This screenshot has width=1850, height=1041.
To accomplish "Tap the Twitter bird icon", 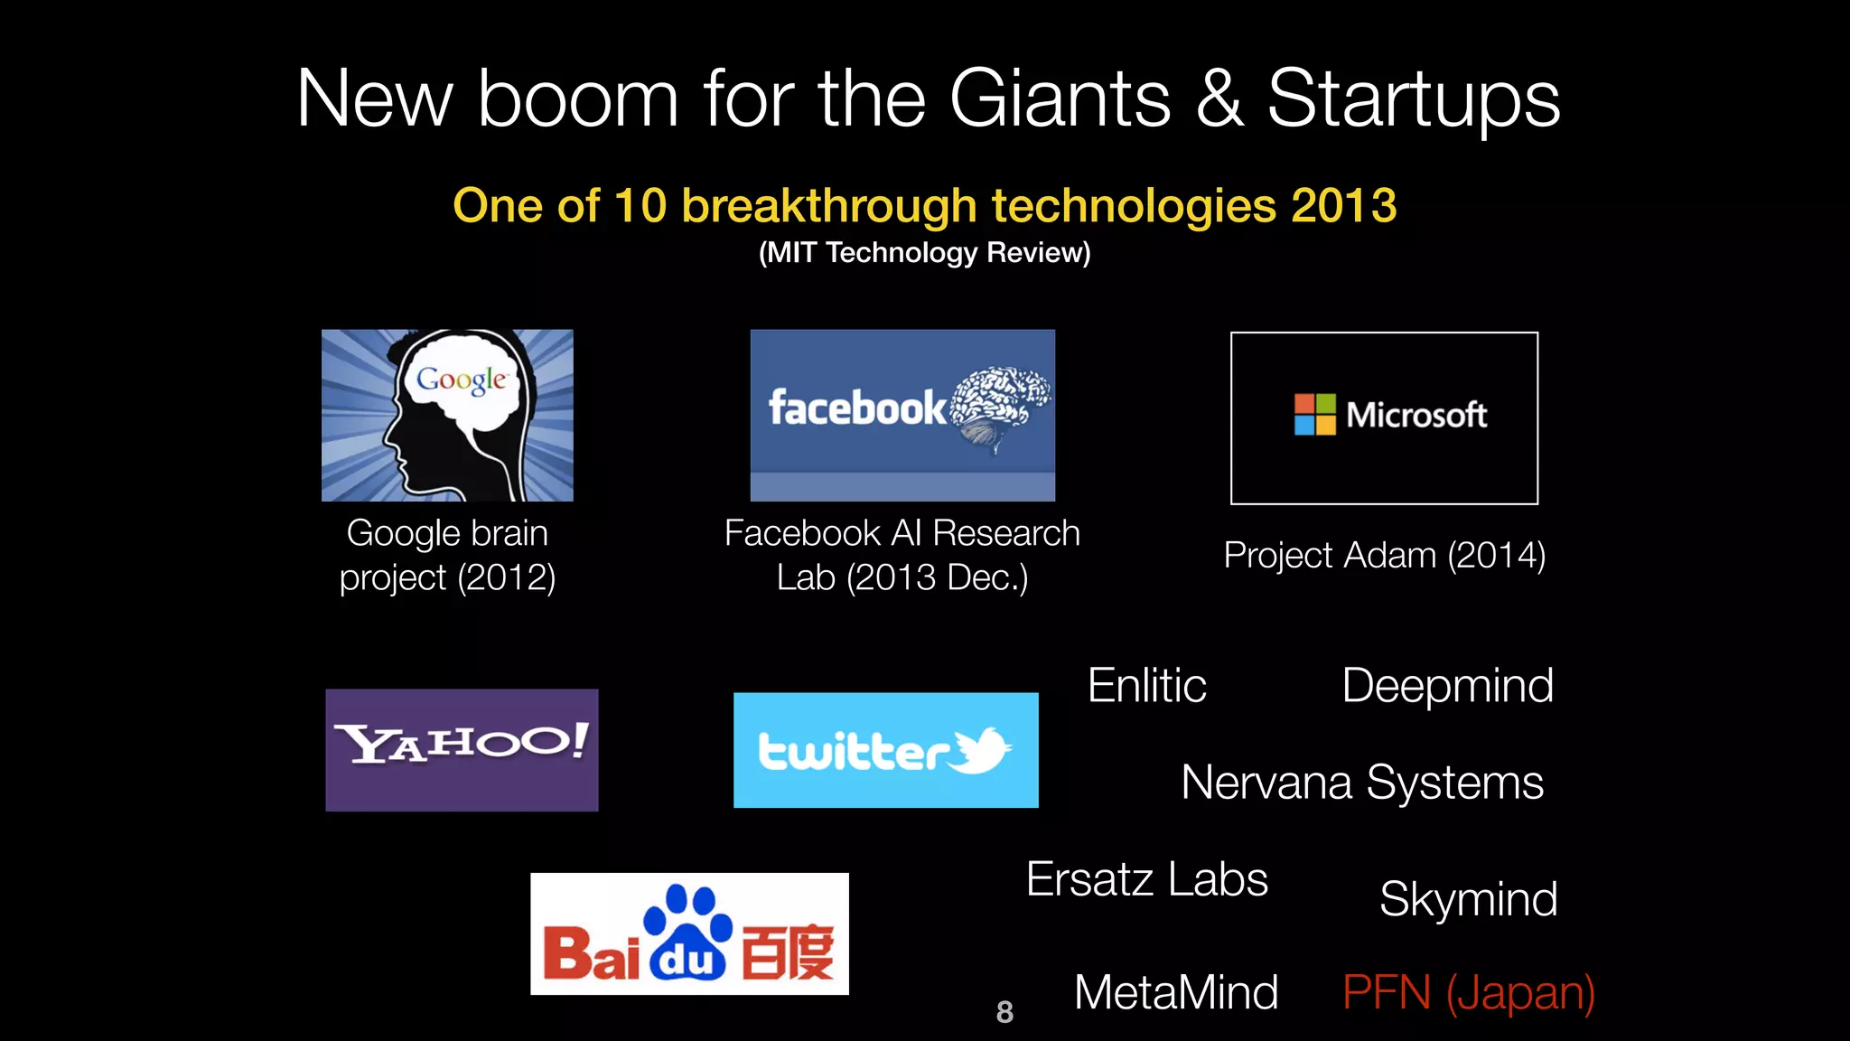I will pos(982,749).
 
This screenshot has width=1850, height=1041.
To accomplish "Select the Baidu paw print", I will pos(688,931).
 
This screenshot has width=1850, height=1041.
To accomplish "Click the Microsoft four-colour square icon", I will pos(1314,415).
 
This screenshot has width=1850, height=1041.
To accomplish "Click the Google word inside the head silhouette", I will pos(461,380).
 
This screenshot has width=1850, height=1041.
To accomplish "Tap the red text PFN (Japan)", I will pos(1468,992).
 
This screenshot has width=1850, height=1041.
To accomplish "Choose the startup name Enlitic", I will pos(1146,685).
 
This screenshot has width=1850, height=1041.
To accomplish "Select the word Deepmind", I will pos(1447,685).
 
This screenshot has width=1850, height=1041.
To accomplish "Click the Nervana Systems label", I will pos(1361,782).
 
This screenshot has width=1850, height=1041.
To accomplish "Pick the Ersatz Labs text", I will pos(1146,879).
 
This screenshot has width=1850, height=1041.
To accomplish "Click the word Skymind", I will pos(1468,898).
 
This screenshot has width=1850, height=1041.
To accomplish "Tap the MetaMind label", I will pos(1175,992).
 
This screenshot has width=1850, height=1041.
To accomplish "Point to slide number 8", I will pos(1004,1012).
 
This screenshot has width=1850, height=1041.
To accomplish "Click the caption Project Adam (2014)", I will pos(1384,555).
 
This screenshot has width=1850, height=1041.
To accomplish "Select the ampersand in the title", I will pos(1219,99).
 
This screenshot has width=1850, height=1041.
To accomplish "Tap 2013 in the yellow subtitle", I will pos(1343,205).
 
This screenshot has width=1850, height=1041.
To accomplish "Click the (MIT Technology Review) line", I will pos(924,252).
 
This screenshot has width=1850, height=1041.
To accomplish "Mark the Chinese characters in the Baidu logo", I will pos(788,952).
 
